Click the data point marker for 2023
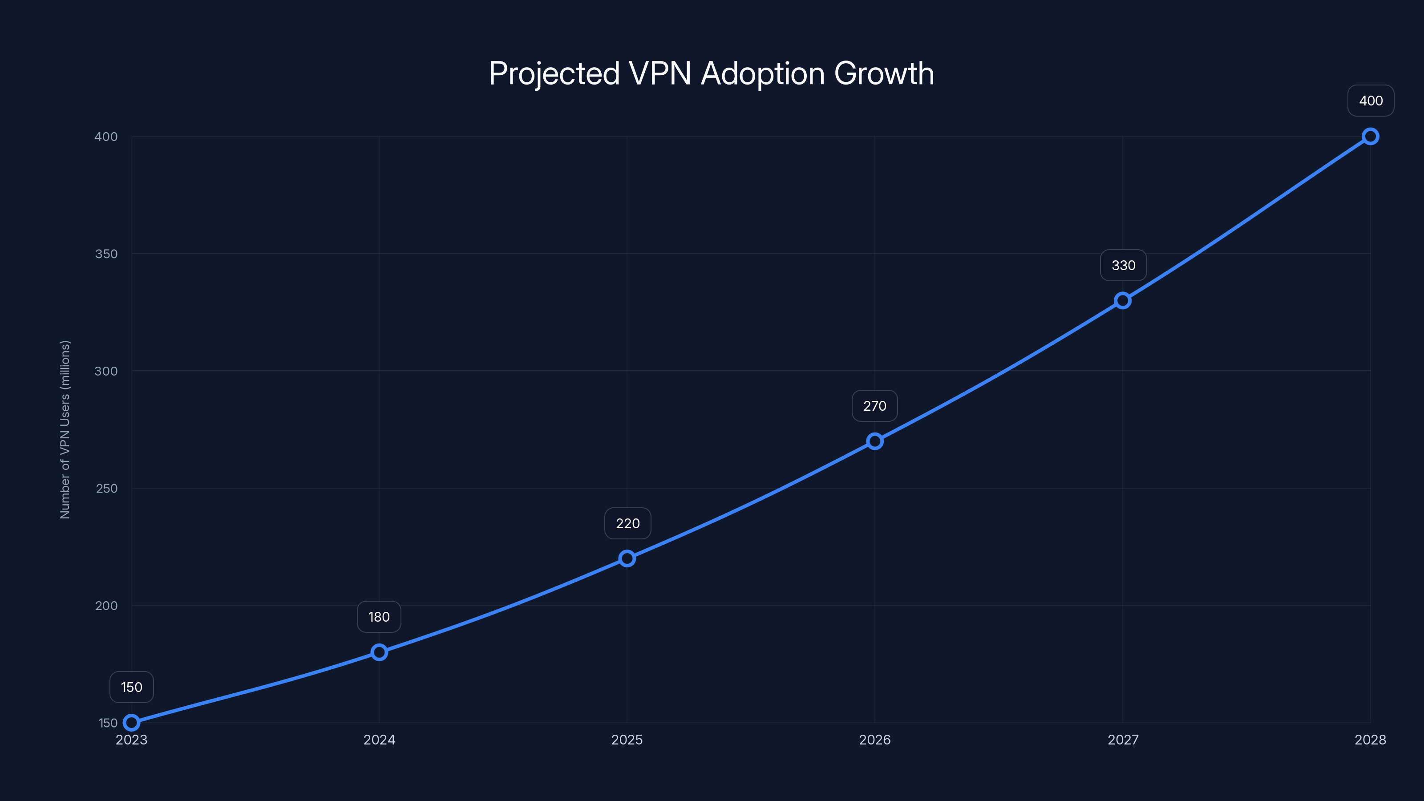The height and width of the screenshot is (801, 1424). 132,723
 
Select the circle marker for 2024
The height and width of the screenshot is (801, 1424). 379,652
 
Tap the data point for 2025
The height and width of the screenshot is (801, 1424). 627,558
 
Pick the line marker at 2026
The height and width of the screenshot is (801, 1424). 874,441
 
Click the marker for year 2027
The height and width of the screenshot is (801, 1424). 1123,301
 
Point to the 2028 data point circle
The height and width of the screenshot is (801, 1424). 1371,137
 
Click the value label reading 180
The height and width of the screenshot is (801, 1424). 379,617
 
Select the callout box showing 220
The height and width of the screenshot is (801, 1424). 627,523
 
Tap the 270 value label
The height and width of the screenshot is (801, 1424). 874,406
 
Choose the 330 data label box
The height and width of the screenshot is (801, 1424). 1123,265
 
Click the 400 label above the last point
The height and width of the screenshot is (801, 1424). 1371,101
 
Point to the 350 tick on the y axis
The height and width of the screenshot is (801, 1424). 106,254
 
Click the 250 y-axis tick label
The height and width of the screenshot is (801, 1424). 106,488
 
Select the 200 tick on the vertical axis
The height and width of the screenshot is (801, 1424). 106,605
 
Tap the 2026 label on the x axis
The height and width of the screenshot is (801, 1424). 874,740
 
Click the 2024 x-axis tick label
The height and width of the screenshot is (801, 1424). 379,740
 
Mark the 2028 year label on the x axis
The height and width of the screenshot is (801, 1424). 1371,740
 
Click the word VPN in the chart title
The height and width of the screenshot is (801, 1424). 660,73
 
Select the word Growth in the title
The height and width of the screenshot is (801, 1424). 884,73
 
